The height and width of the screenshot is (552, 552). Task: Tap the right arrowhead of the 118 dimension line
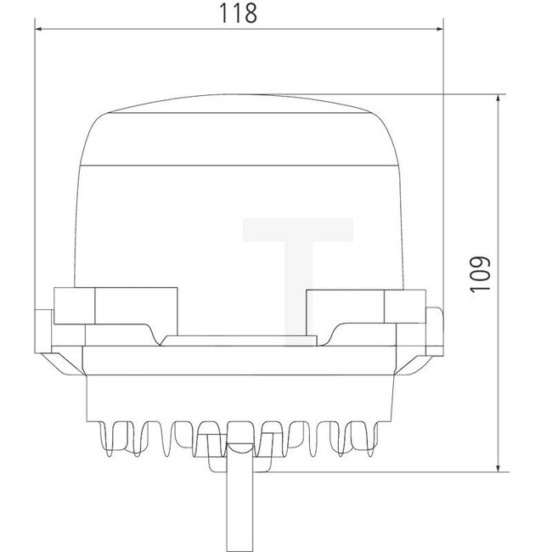(x=438, y=28)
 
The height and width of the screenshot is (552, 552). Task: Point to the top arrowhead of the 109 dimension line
(x=498, y=99)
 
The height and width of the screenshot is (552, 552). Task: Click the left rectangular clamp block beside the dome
(x=116, y=307)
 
